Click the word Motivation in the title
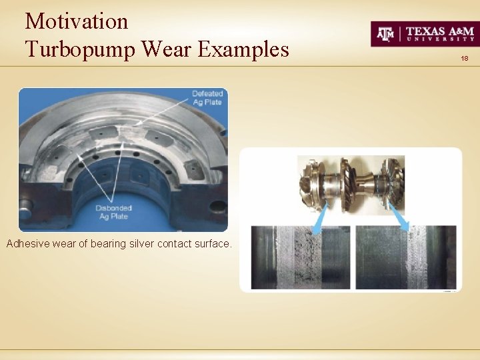76,21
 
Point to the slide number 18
464,59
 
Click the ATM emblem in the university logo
386,34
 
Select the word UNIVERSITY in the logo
440,40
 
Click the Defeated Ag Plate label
207,97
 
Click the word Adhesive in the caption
27,244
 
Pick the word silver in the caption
139,244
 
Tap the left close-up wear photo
300,257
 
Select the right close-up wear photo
406,257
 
